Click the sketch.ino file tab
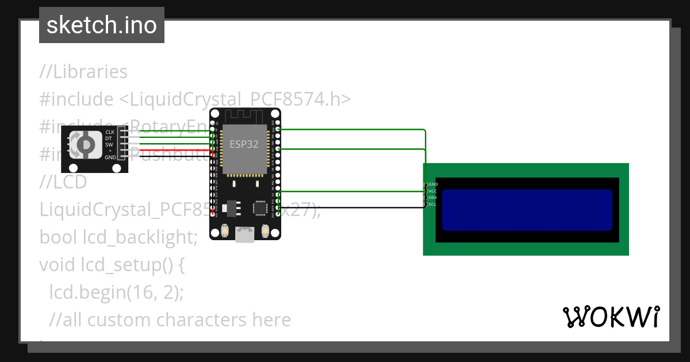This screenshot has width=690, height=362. [101, 25]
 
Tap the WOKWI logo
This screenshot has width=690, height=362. [611, 317]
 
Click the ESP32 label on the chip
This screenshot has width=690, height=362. [244, 144]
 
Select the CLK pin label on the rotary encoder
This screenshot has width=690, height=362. [109, 132]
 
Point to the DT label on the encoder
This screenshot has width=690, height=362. [108, 138]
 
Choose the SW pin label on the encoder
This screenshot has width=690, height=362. [109, 144]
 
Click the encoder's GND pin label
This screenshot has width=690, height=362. [110, 157]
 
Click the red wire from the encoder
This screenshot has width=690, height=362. [172, 151]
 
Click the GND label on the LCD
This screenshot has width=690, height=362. [433, 184]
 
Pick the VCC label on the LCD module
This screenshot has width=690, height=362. [433, 191]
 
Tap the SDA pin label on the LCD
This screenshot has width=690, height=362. [433, 197]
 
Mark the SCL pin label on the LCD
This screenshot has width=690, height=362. [433, 204]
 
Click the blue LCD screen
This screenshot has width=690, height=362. [527, 210]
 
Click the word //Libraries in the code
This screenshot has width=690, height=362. [83, 72]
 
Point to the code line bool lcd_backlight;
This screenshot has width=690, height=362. [118, 237]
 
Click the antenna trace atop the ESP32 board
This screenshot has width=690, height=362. [245, 116]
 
